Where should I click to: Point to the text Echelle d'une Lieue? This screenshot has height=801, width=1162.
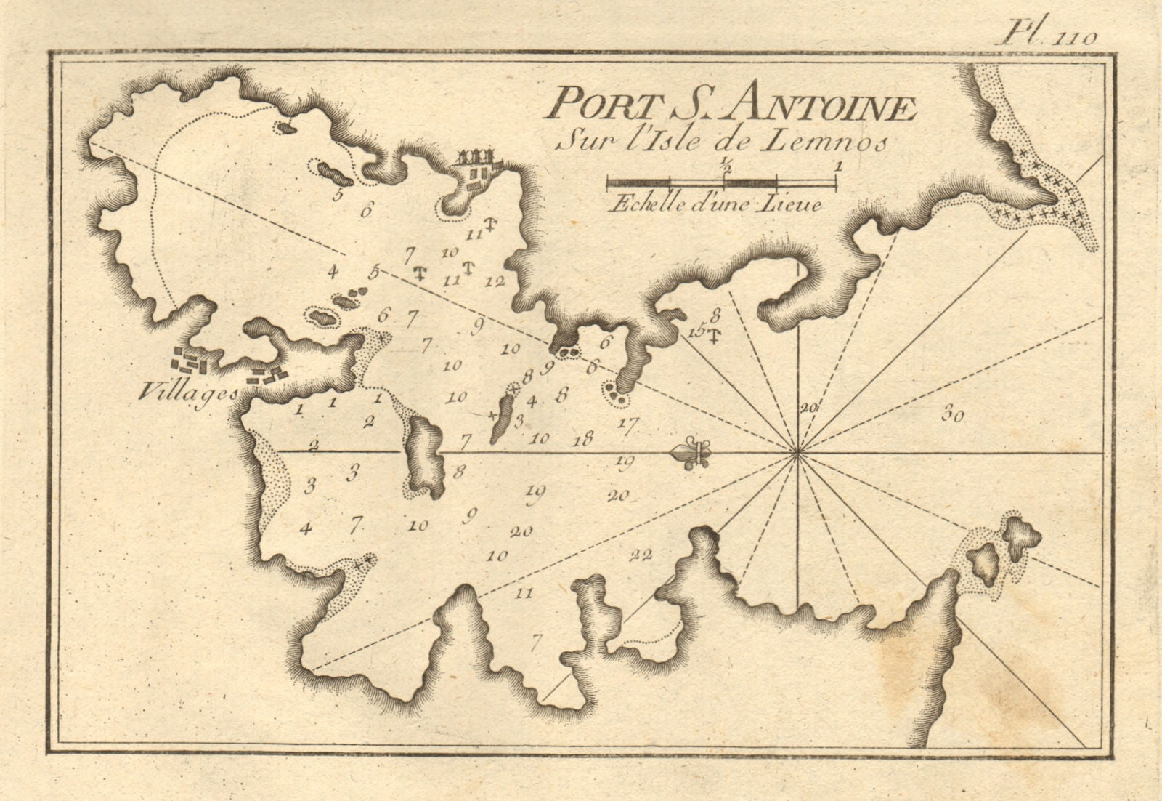click(x=716, y=204)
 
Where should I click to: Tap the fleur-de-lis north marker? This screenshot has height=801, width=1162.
click(x=694, y=454)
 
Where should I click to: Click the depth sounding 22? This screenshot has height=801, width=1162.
click(x=641, y=555)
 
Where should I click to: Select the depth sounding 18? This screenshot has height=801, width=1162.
click(x=582, y=438)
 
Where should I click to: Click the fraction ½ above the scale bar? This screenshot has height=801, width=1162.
click(x=725, y=166)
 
